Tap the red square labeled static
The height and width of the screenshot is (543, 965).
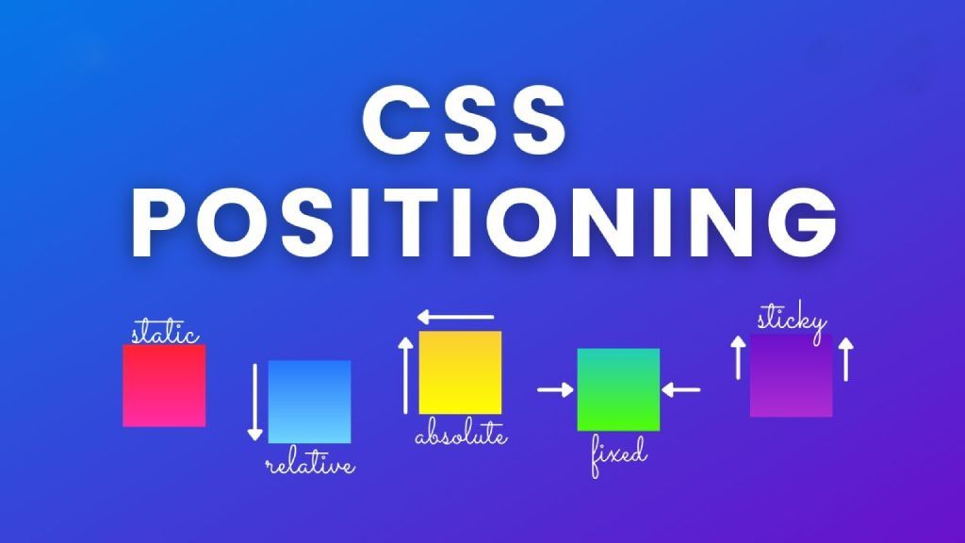(164, 386)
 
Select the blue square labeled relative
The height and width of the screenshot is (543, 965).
(309, 402)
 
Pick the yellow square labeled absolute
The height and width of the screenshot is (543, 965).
(460, 372)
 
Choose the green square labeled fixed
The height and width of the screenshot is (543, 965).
(618, 389)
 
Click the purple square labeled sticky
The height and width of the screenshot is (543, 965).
(792, 377)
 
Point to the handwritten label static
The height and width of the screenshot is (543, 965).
(165, 334)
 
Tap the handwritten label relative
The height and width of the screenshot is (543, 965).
(310, 465)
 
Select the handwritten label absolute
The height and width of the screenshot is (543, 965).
(461, 437)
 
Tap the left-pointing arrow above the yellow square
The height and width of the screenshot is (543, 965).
(456, 318)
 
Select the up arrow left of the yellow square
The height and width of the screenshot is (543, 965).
(406, 375)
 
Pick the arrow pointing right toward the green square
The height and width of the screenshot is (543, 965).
(556, 388)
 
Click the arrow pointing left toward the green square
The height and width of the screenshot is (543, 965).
(680, 388)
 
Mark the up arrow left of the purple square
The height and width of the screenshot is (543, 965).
(739, 358)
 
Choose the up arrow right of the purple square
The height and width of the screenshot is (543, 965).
(845, 358)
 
